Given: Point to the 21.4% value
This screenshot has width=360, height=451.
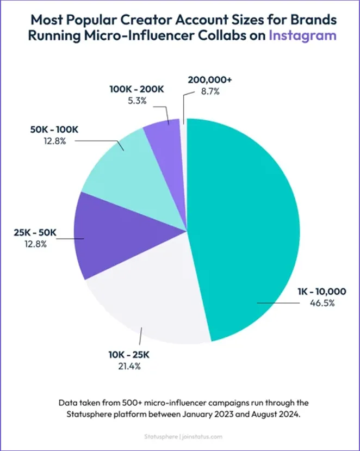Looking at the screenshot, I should coord(129,366).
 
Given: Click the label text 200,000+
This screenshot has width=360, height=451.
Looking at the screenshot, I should coord(209,80).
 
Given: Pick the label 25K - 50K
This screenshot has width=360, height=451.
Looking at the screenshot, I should coord(35,233).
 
